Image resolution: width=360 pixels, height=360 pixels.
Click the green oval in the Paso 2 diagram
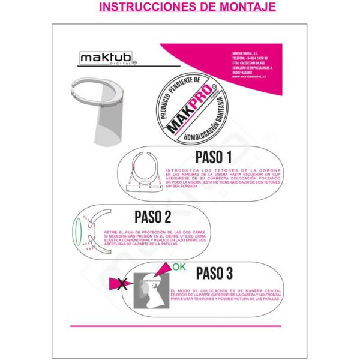click(77, 232)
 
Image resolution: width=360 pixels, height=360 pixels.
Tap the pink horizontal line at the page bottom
click(180, 326)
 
